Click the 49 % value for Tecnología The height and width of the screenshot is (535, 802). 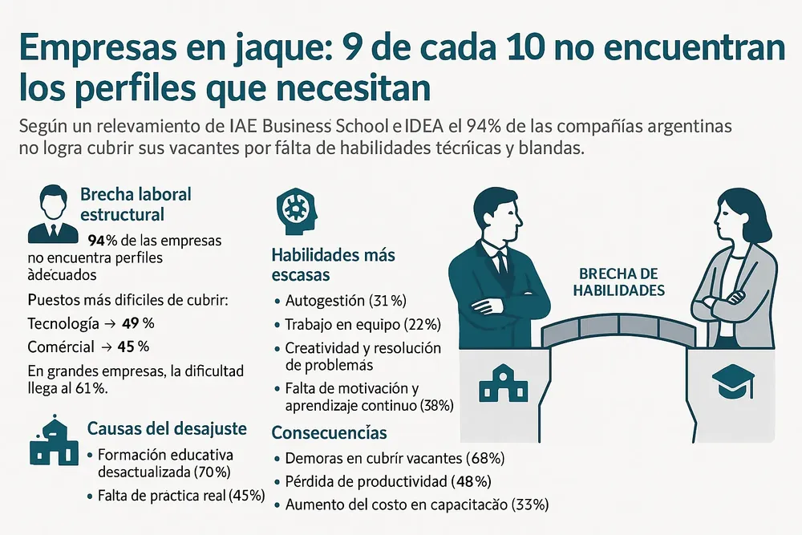(x=138, y=324)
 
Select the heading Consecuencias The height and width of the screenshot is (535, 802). (x=329, y=433)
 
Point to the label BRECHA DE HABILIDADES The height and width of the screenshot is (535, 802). (x=618, y=282)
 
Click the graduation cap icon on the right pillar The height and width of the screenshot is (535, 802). (x=731, y=383)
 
